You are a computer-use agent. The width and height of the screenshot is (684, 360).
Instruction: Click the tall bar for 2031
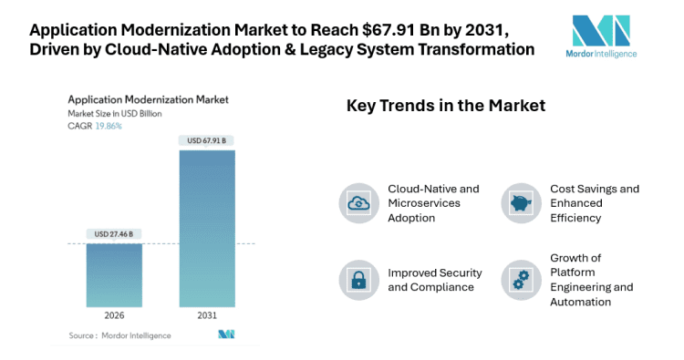206,228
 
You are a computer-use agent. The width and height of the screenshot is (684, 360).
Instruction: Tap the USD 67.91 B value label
206,140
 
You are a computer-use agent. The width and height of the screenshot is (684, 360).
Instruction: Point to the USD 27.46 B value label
114,234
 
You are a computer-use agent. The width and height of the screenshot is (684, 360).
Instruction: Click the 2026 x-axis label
114,316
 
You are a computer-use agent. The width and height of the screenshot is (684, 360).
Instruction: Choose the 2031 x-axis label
206,316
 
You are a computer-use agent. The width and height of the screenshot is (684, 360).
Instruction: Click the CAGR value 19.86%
107,126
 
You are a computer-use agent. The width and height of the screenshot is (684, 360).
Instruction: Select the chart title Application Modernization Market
149,99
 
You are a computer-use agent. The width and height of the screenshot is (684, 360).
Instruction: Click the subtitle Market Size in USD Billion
118,113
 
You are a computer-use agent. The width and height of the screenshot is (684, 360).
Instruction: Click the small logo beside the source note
226,334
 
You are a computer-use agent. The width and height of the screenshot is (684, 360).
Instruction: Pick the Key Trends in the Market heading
445,106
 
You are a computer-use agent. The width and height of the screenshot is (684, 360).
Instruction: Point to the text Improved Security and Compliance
431,280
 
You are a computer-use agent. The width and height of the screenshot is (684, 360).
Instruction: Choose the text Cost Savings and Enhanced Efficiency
594,203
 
